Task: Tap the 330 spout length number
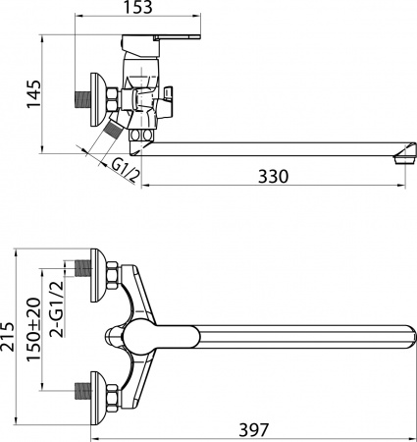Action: [273, 177]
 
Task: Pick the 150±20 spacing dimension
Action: [35, 331]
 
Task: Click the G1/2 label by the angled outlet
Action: [118, 170]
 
